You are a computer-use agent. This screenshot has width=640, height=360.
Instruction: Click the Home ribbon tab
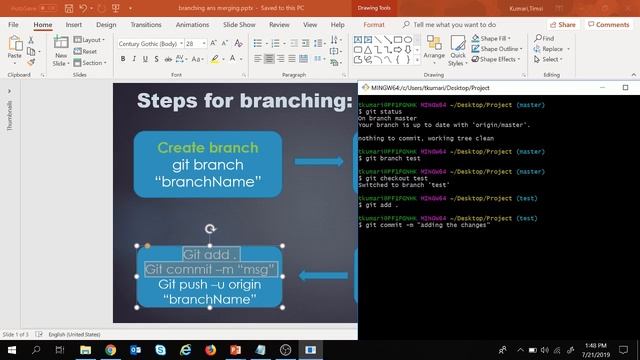click(x=43, y=24)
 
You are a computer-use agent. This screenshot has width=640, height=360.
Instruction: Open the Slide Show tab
click(x=238, y=24)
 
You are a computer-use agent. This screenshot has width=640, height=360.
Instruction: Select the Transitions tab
click(x=145, y=24)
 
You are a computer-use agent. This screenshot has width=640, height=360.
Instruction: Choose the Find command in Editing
click(x=548, y=38)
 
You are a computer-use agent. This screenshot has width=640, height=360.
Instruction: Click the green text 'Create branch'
click(x=207, y=147)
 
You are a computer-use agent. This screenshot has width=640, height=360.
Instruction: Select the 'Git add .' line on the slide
click(x=209, y=254)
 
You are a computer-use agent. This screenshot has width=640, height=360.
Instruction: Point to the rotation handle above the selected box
click(x=210, y=229)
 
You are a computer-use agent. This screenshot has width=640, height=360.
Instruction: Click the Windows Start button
click(x=10, y=350)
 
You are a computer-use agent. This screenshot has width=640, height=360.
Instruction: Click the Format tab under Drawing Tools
click(x=374, y=24)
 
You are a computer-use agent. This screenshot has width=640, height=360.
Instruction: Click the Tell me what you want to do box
click(x=460, y=24)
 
